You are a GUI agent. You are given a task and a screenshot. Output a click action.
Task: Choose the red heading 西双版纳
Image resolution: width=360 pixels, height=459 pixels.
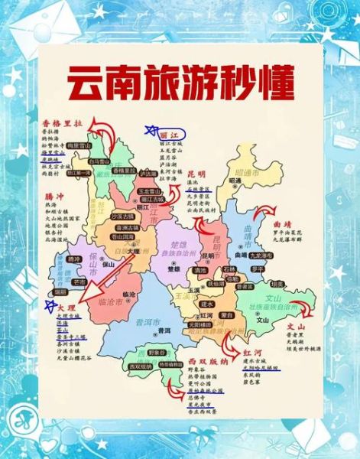click(202, 359)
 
